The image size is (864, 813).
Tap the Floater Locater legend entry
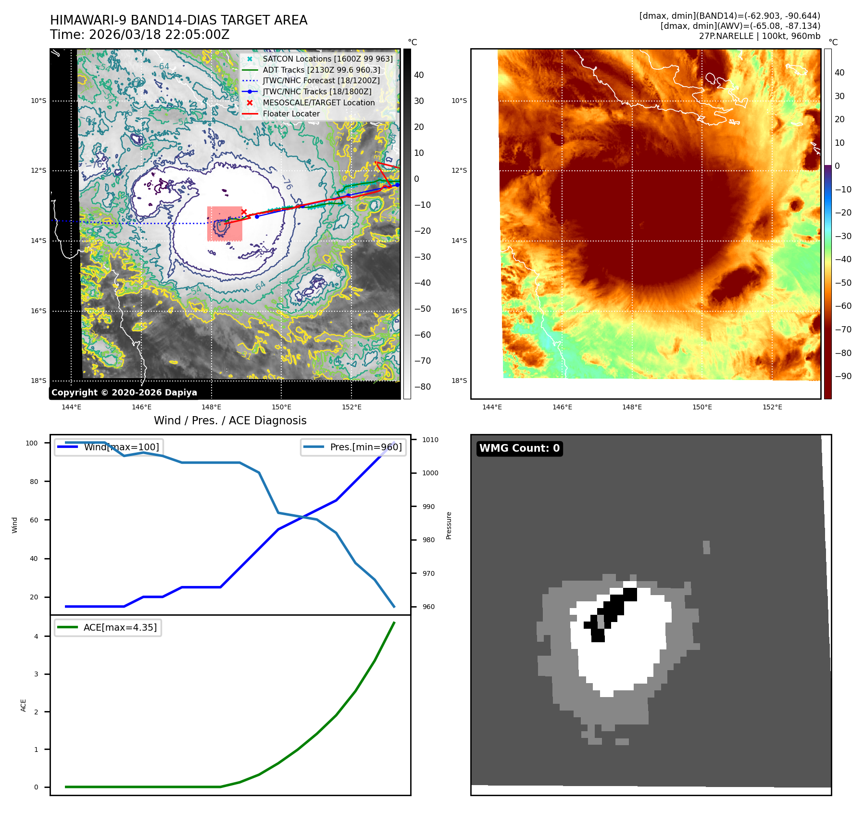[x=291, y=114]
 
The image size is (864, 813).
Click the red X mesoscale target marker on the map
[x=244, y=212]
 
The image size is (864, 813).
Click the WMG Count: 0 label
[x=519, y=448]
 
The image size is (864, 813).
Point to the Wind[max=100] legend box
[x=108, y=447]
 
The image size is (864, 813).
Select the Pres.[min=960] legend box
[x=353, y=447]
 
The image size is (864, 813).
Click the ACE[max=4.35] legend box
[x=108, y=627]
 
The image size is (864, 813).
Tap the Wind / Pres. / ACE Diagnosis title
[x=230, y=420]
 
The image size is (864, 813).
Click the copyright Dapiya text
[x=124, y=393]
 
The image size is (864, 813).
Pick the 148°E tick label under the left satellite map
[x=211, y=407]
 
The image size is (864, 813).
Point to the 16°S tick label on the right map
[x=459, y=311]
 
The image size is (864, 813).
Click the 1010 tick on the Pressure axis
[x=430, y=440]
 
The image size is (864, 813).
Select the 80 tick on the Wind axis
[x=34, y=482]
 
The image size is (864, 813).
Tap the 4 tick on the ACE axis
[x=36, y=636]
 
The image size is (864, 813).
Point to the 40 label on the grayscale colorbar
[x=419, y=75]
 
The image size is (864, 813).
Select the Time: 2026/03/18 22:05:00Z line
[x=140, y=35]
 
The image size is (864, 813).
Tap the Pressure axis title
[x=449, y=525]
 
